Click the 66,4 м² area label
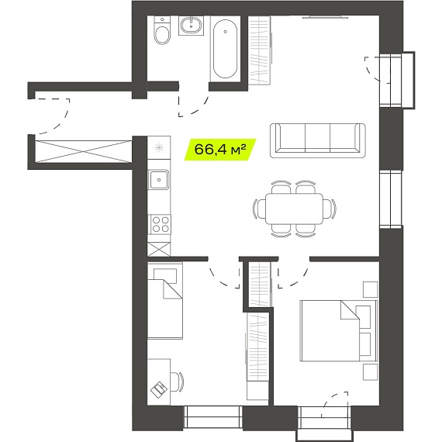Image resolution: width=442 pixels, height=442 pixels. coord(220,150)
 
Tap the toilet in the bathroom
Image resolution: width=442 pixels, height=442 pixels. coord(162,30)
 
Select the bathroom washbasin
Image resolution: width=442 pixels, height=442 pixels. coord(191,26)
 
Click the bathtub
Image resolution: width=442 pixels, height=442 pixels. coord(225,49)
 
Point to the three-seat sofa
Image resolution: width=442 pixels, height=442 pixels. coord(318,140)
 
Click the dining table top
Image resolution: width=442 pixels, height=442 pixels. coord(295,209)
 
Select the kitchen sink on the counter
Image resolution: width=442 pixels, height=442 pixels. coord(159,180)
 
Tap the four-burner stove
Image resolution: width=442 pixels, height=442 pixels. coord(159,224)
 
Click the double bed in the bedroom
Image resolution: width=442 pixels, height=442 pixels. coord(339,330)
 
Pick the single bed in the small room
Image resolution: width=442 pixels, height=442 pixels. coord(165,301)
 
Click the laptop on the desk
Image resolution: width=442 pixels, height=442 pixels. coord(159,390)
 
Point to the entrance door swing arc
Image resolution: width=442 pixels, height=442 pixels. coord(58,125)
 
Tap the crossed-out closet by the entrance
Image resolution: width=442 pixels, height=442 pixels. coord(84,151)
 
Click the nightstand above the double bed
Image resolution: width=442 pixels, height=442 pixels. coord(370,289)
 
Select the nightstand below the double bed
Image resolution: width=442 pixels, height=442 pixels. coord(370,372)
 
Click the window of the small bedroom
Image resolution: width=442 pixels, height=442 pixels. coord(213,417)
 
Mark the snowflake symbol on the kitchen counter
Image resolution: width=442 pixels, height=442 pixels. coord(159,147)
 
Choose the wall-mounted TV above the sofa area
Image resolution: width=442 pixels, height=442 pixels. coord(326,18)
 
